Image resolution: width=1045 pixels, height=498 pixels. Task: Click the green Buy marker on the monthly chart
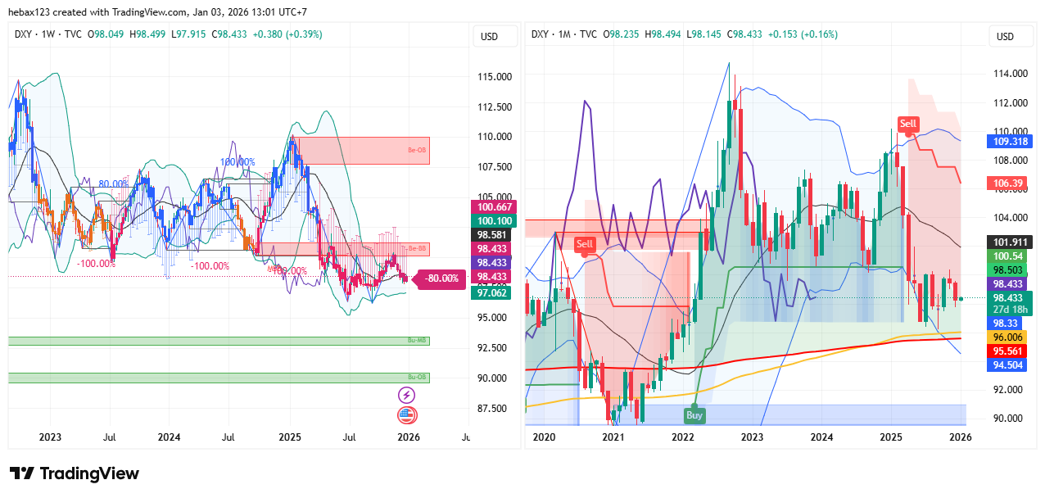(694, 415)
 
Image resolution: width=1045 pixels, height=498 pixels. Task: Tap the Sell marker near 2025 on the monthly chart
(908, 124)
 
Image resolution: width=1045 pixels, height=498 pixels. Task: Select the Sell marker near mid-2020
(585, 244)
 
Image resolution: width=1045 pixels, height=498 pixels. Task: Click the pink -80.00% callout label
(441, 278)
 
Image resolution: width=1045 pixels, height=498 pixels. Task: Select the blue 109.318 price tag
(1010, 141)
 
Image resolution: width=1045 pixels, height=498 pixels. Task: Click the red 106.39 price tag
(1009, 183)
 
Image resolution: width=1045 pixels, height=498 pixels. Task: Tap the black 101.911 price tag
(1010, 242)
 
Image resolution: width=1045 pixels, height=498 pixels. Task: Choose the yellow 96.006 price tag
(1010, 337)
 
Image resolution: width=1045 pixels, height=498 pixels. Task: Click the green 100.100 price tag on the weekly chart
(491, 221)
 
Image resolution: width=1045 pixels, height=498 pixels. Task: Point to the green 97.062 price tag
(491, 292)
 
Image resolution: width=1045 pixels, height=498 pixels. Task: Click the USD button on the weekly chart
(490, 36)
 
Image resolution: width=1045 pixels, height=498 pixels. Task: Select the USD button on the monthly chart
(1005, 36)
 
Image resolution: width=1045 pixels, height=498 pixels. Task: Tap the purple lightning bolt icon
(406, 395)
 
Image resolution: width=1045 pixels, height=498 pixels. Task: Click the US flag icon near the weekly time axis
(406, 414)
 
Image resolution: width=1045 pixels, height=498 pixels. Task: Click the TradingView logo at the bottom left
(74, 473)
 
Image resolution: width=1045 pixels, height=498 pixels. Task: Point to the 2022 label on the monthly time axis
(683, 437)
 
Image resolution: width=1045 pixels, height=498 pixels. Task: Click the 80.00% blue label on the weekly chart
(113, 183)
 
